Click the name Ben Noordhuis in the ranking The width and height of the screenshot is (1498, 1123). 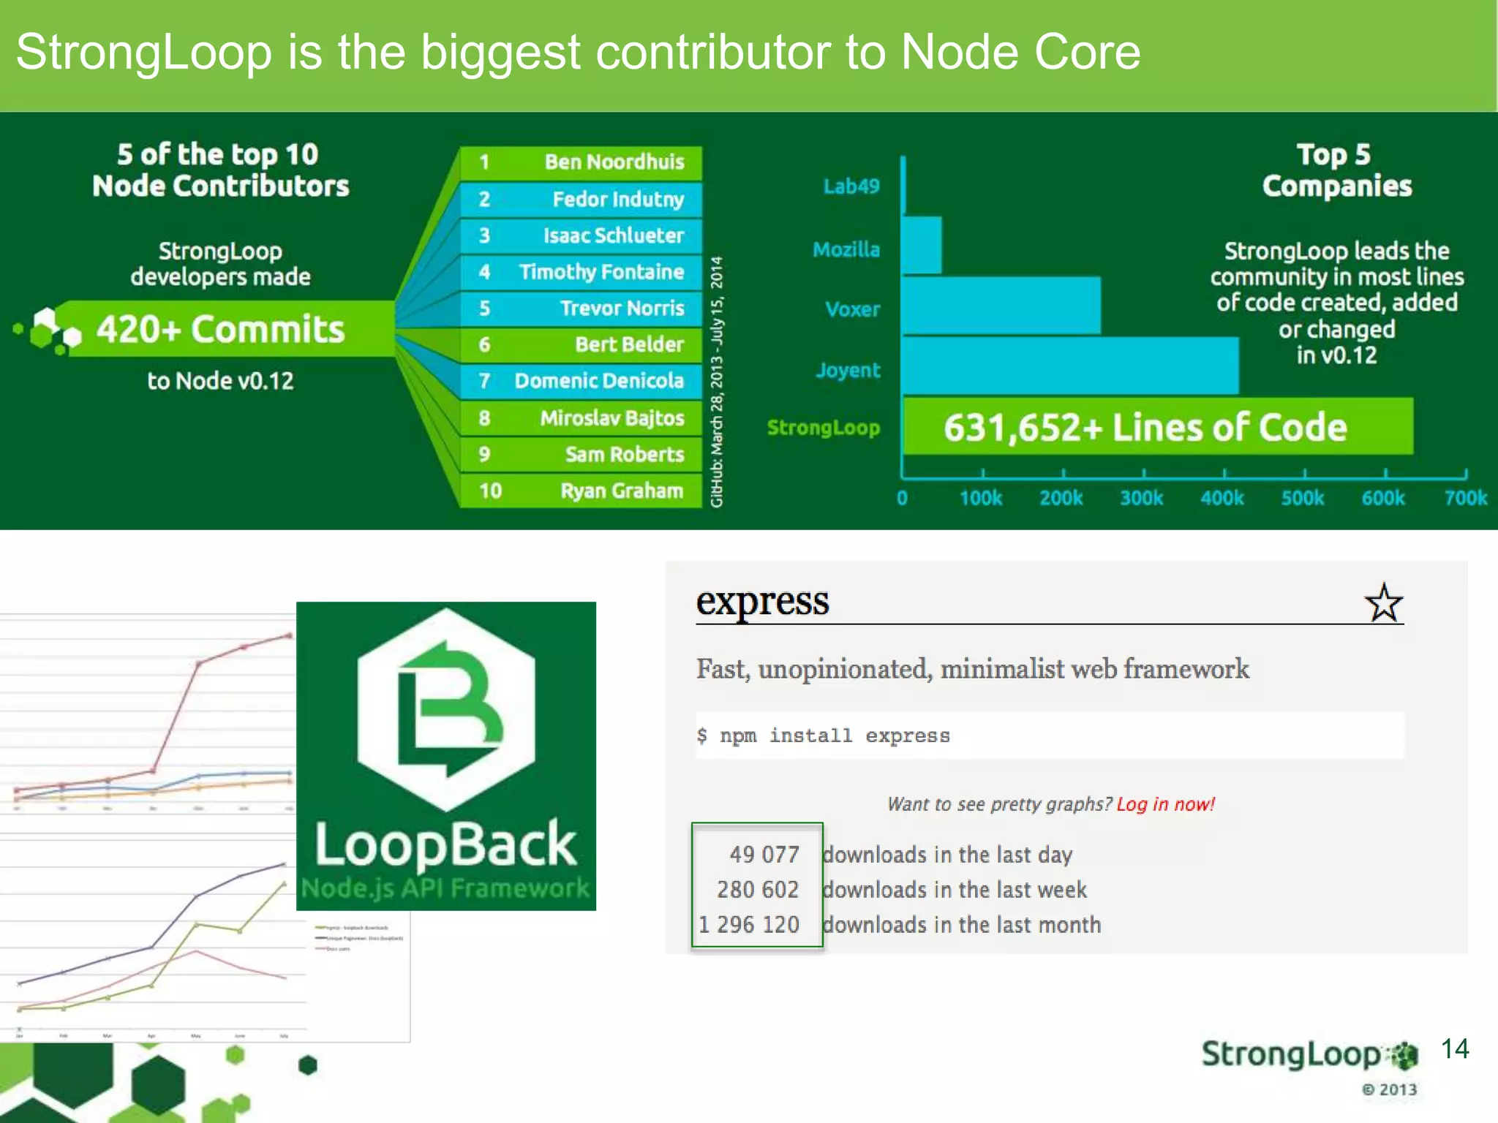pyautogui.click(x=614, y=162)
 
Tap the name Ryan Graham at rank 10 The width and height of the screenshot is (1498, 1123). pyautogui.click(x=621, y=491)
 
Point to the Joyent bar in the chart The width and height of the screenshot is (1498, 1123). pyautogui.click(x=1069, y=366)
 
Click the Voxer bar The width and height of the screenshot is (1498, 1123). pyautogui.click(x=1001, y=306)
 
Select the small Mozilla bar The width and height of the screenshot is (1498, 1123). pyautogui.click(x=922, y=245)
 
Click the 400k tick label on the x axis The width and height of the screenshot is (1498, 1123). pyautogui.click(x=1222, y=499)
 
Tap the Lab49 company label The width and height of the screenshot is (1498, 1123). pyautogui.click(x=851, y=186)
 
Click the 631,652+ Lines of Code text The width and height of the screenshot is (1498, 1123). pyautogui.click(x=1144, y=428)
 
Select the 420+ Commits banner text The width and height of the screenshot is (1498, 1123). pyautogui.click(x=220, y=329)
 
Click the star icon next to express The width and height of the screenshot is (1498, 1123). pyautogui.click(x=1383, y=603)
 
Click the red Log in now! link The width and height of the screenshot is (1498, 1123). pyautogui.click(x=1165, y=804)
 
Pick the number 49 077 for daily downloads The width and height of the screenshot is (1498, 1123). pyautogui.click(x=764, y=855)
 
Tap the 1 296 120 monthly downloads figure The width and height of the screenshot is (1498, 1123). pyautogui.click(x=749, y=925)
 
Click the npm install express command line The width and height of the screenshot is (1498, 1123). pyautogui.click(x=824, y=736)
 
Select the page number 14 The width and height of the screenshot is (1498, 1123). pyautogui.click(x=1454, y=1049)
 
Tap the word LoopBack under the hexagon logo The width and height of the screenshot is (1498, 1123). pyautogui.click(x=445, y=844)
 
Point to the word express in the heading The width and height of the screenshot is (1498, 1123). pyautogui.click(x=762, y=602)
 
